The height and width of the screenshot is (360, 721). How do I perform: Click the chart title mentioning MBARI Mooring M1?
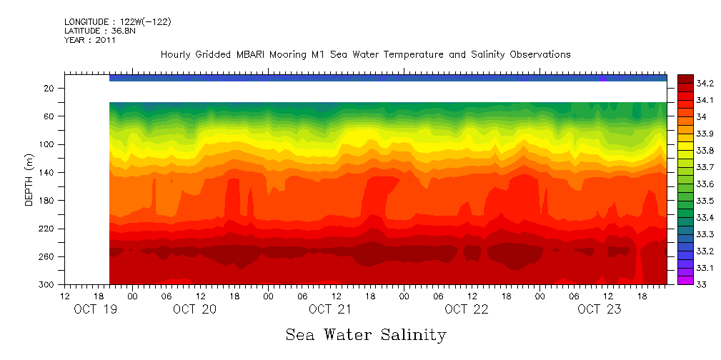click(365, 54)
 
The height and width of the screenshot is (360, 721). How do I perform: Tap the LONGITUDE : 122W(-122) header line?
click(118, 22)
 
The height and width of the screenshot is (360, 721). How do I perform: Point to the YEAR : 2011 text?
click(90, 41)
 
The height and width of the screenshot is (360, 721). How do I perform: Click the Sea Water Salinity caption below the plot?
click(366, 334)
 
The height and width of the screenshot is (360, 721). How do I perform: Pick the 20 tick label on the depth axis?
click(49, 88)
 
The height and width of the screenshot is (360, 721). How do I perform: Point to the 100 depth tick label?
click(47, 144)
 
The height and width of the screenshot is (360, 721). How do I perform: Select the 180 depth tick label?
click(47, 201)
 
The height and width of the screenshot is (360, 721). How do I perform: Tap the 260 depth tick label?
click(47, 256)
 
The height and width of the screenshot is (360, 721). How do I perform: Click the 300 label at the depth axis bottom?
click(47, 284)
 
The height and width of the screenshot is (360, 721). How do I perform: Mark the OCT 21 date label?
click(330, 309)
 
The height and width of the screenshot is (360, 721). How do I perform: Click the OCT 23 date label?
click(599, 309)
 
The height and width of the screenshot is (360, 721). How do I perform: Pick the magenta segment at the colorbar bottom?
click(685, 280)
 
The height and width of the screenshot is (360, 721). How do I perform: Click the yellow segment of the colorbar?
click(685, 146)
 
